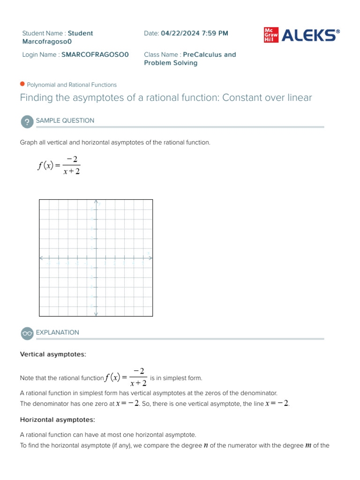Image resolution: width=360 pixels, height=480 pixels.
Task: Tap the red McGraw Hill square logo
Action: coord(270,36)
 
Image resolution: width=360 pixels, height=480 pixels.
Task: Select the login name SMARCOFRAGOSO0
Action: coord(95,55)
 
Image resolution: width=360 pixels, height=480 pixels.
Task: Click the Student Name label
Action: coord(44,33)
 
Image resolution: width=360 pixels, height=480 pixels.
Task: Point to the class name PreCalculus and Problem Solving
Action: coord(190,59)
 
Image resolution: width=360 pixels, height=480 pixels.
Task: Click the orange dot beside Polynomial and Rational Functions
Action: coord(22,84)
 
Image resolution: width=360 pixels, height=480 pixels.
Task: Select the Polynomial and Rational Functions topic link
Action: coord(72,85)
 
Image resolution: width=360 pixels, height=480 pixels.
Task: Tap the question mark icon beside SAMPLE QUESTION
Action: coord(27,122)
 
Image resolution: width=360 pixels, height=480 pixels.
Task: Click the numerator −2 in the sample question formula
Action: coord(72,160)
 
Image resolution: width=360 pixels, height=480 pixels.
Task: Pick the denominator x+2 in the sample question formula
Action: coord(72,172)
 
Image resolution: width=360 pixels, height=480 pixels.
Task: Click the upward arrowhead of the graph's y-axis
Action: coord(96,202)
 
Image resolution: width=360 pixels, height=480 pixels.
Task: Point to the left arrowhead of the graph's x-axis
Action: coord(42,257)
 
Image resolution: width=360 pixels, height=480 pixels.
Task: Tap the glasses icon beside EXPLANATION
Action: coord(27,333)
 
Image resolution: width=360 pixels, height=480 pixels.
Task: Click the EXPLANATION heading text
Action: coord(58,332)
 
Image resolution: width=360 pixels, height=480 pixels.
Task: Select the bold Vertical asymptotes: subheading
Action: coord(53,354)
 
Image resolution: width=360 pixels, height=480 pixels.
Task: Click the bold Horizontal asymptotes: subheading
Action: coord(57,420)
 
